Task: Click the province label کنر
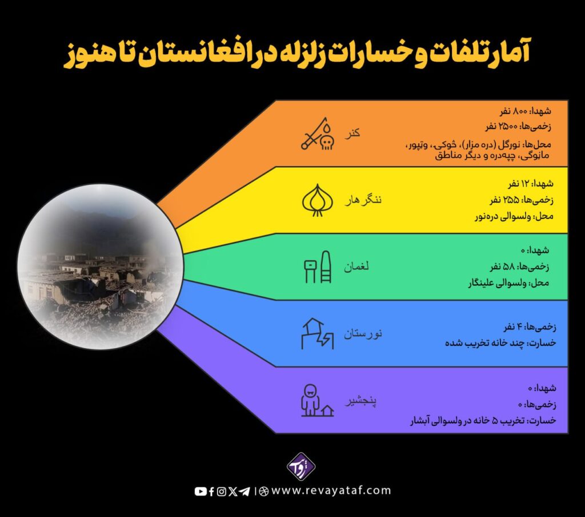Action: (352, 134)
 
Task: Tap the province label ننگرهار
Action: (363, 200)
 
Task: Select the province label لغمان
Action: (356, 266)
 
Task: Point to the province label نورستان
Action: (363, 333)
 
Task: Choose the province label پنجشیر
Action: (360, 401)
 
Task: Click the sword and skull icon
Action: (318, 134)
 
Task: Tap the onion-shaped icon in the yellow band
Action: (317, 200)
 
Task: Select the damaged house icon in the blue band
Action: (318, 334)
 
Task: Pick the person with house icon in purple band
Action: (317, 401)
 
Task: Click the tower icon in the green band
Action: (318, 267)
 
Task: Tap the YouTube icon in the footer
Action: (201, 492)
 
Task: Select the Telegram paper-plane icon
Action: (245, 492)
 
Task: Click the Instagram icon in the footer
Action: (221, 492)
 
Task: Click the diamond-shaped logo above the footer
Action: (301, 466)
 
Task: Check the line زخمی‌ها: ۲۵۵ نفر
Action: (522, 200)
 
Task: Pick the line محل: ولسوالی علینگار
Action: (508, 283)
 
